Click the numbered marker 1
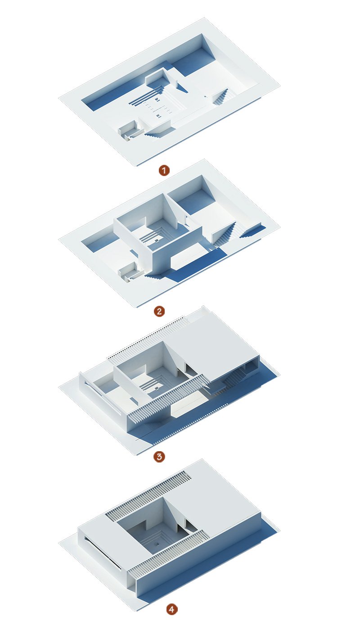164,170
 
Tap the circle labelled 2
159,311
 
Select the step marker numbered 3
159,456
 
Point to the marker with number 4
171,609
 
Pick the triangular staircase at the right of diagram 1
221,97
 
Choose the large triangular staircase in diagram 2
223,235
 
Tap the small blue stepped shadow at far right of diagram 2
253,231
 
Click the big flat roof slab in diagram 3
216,347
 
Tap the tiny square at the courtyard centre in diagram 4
157,544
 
